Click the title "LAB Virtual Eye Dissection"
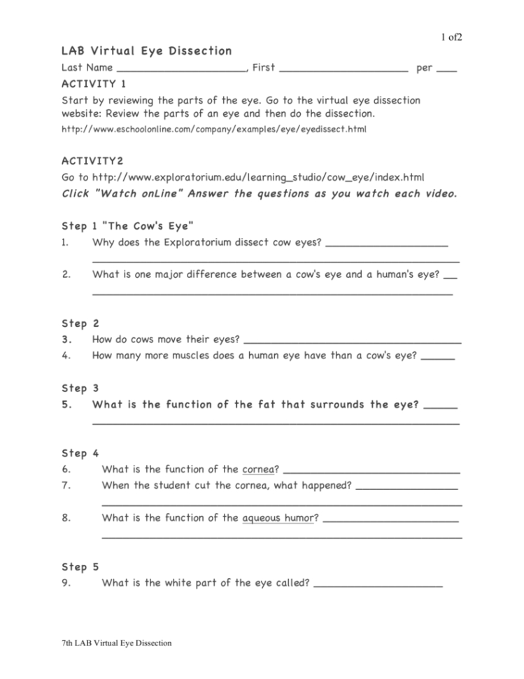click(x=146, y=51)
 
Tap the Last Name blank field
click(x=182, y=70)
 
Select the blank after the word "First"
click(x=347, y=70)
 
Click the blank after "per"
click(x=446, y=70)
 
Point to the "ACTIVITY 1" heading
click(x=94, y=84)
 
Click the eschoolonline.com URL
click(x=214, y=129)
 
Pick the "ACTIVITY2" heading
click(x=92, y=161)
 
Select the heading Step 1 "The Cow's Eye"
click(x=127, y=226)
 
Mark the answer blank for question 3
click(x=352, y=342)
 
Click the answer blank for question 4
click(x=439, y=358)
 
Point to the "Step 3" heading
click(x=80, y=388)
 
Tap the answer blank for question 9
click(x=378, y=584)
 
